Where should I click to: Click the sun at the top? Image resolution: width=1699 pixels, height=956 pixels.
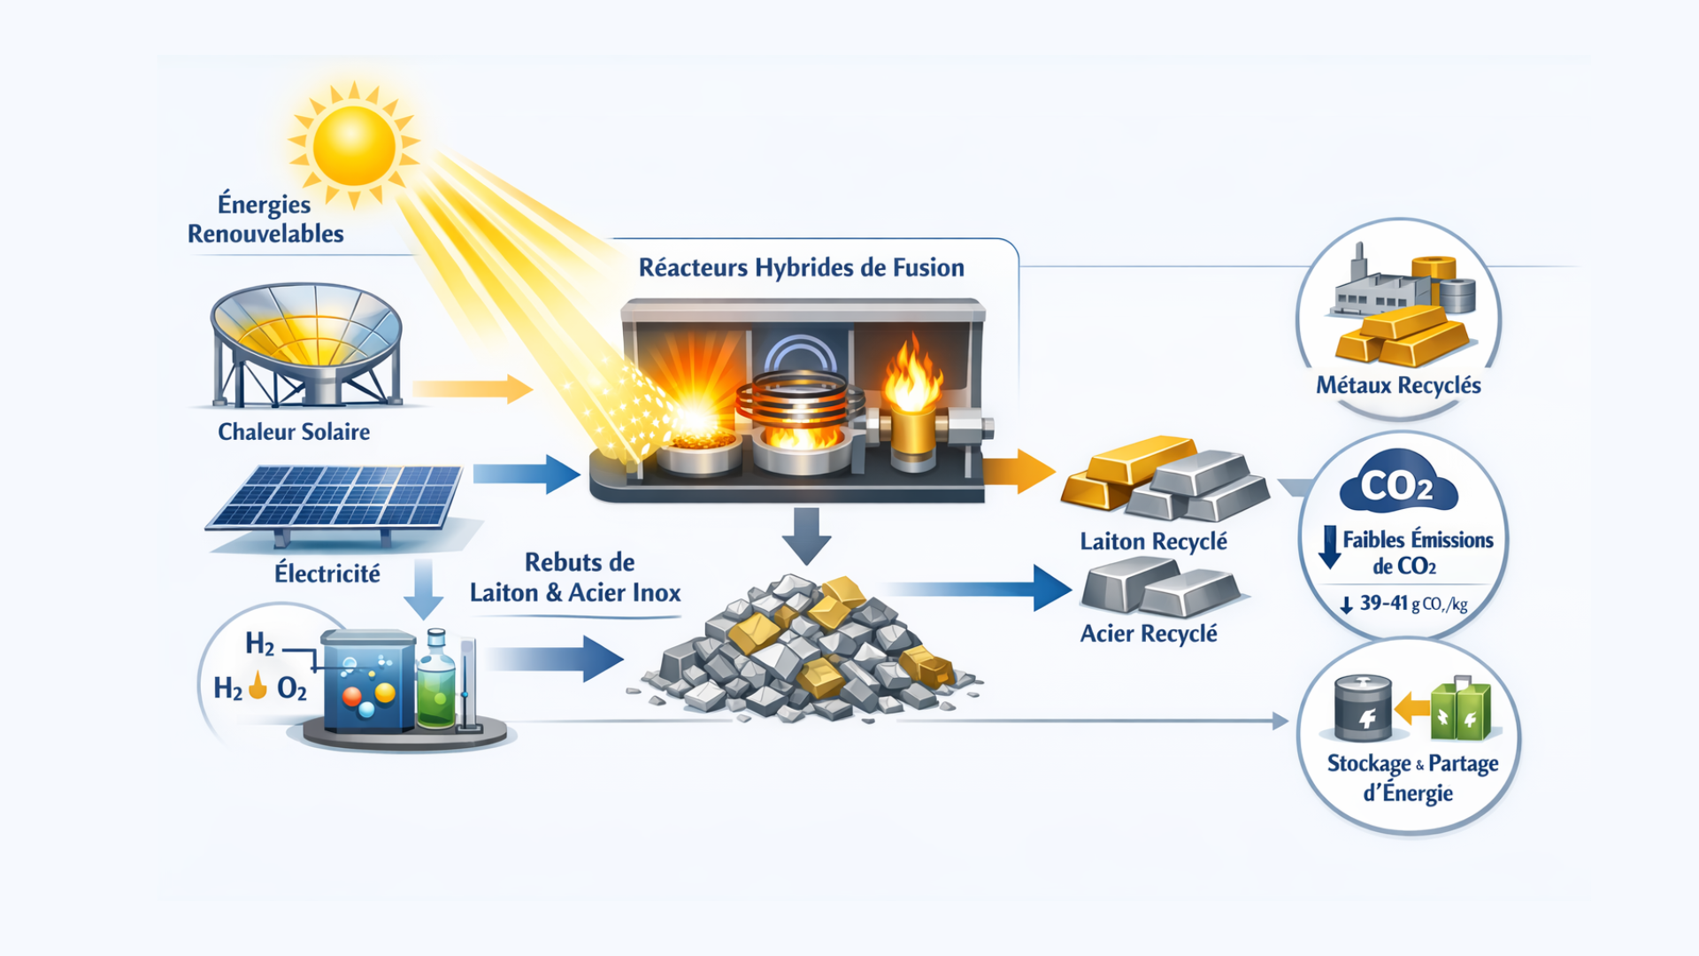[x=354, y=145]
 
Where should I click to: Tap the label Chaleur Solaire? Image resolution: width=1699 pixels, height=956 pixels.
[x=294, y=432]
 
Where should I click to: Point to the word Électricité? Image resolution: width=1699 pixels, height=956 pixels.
[x=327, y=574]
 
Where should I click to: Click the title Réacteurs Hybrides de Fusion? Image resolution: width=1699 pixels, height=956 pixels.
[x=801, y=267]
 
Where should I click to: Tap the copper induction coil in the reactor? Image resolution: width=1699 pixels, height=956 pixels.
[x=800, y=398]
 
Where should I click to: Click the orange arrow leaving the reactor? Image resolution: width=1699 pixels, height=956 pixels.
[x=1018, y=471]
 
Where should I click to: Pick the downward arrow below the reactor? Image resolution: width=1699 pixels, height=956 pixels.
[x=806, y=535]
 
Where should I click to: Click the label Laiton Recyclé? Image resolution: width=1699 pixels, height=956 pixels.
[x=1153, y=541]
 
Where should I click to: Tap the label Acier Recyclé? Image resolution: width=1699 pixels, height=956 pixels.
[x=1149, y=634]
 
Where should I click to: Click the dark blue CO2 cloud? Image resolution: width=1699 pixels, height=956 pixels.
[x=1397, y=485]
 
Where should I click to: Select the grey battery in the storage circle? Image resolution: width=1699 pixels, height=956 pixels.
[x=1362, y=708]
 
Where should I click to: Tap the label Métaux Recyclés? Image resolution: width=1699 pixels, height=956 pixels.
[x=1398, y=385]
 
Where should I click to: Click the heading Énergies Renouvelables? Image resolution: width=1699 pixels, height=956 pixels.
[x=265, y=219]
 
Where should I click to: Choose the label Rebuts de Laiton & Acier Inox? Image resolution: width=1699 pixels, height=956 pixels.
[x=576, y=577]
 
